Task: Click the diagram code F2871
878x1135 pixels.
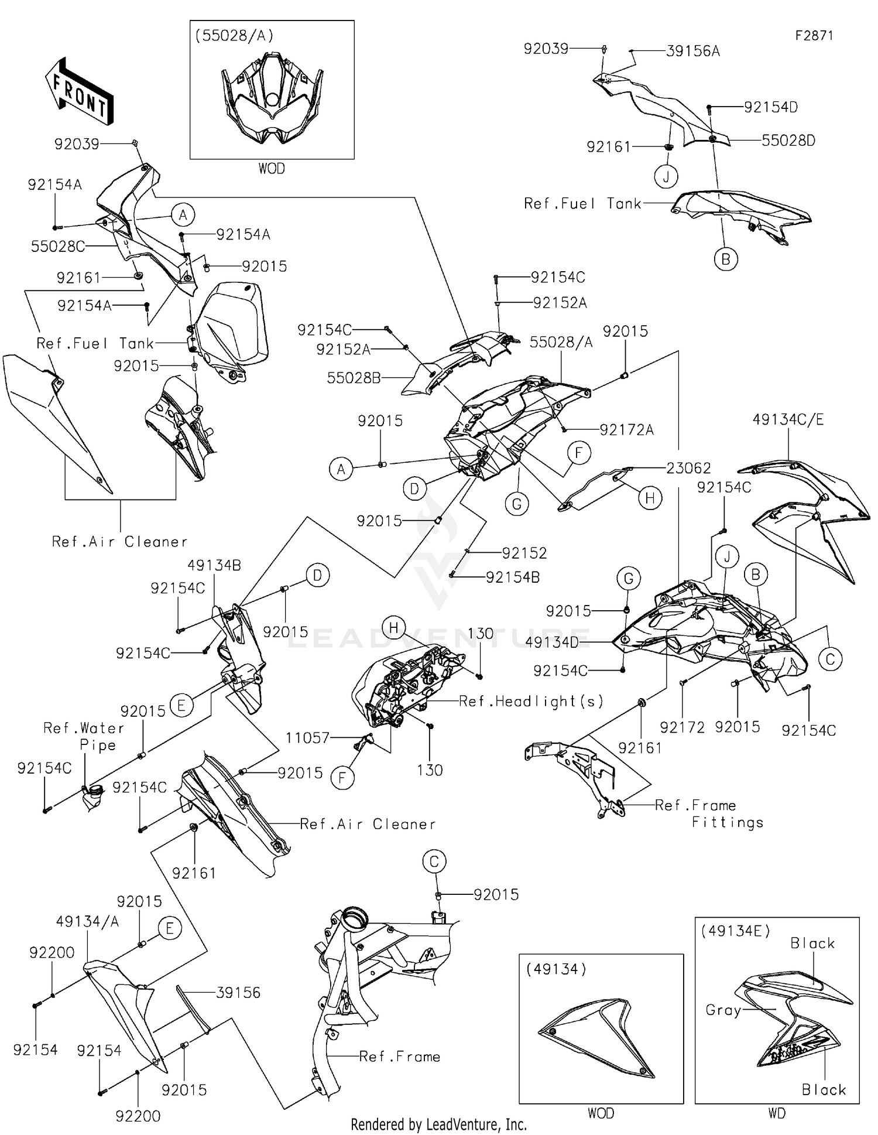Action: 814,36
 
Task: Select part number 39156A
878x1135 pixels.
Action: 692,52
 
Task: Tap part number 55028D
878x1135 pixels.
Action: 788,141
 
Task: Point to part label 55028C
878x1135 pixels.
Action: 57,247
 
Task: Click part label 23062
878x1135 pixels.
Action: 688,468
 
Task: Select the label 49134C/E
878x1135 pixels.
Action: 788,419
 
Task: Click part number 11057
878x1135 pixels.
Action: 308,738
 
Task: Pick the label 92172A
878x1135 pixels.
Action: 626,430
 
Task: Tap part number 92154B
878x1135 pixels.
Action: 513,577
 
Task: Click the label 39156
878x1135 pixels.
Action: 238,993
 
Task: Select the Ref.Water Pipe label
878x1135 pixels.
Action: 84,737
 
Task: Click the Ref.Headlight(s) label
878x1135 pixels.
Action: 531,701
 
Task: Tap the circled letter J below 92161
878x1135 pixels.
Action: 666,176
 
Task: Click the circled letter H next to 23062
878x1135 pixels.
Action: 650,498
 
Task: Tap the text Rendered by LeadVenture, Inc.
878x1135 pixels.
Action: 438,1124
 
